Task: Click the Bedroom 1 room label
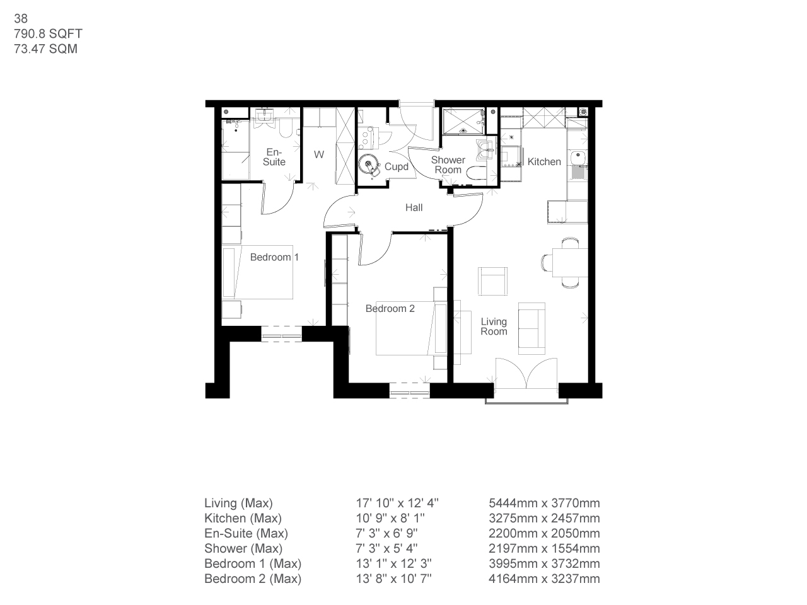(x=274, y=257)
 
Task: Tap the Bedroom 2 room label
(x=390, y=309)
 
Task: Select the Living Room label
(x=494, y=326)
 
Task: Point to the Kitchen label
(x=544, y=162)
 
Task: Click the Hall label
(x=414, y=208)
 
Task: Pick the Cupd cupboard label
(x=397, y=167)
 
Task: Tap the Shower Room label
(x=448, y=165)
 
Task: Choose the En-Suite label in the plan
(x=275, y=157)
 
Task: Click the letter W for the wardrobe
(x=319, y=154)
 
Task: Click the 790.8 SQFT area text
(x=48, y=34)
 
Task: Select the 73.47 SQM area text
(x=45, y=49)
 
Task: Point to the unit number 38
(x=21, y=20)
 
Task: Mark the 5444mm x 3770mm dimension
(x=544, y=504)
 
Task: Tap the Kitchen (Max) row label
(x=243, y=519)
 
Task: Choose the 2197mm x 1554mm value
(x=544, y=549)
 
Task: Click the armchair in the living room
(x=492, y=280)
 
